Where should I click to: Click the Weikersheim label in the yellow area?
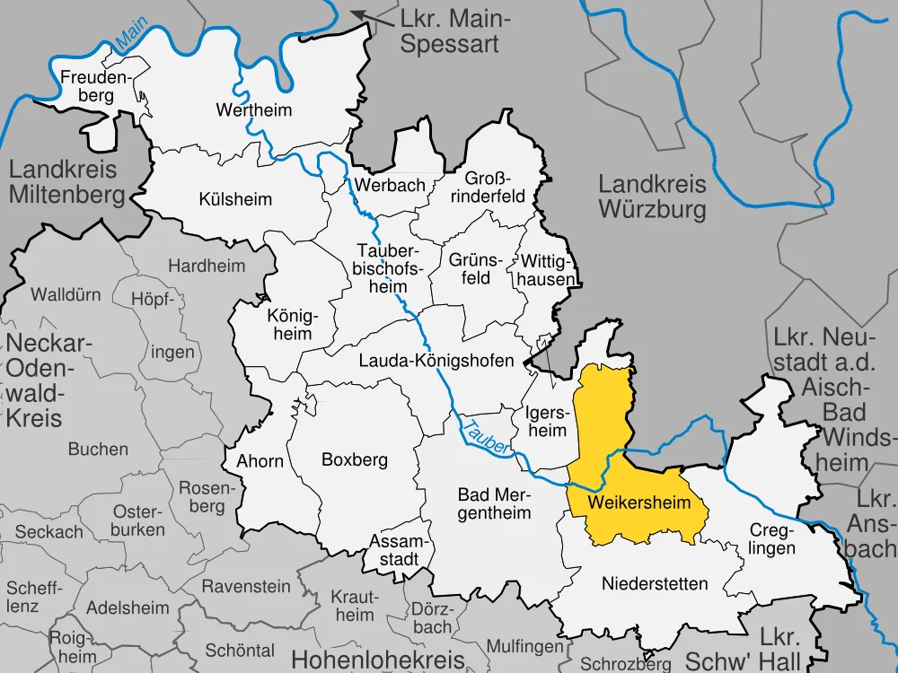click(x=638, y=503)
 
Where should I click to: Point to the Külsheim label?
click(x=235, y=199)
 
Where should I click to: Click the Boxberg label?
click(x=354, y=460)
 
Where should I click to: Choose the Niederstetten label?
click(x=654, y=584)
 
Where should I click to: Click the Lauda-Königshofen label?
click(x=436, y=361)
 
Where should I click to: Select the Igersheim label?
click(x=546, y=422)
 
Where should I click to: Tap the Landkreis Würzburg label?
click(x=652, y=197)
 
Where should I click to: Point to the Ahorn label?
click(x=260, y=461)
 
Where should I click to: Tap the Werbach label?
click(x=390, y=185)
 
